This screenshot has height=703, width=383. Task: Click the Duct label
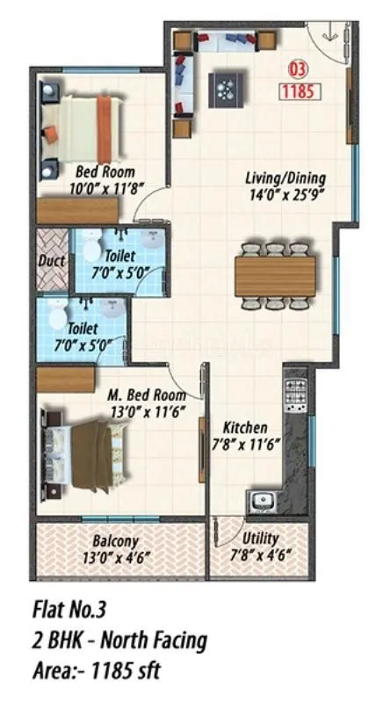52,260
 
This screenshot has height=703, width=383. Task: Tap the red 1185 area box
300,90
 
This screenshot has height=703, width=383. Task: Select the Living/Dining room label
280,179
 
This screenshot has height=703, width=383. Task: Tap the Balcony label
115,540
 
